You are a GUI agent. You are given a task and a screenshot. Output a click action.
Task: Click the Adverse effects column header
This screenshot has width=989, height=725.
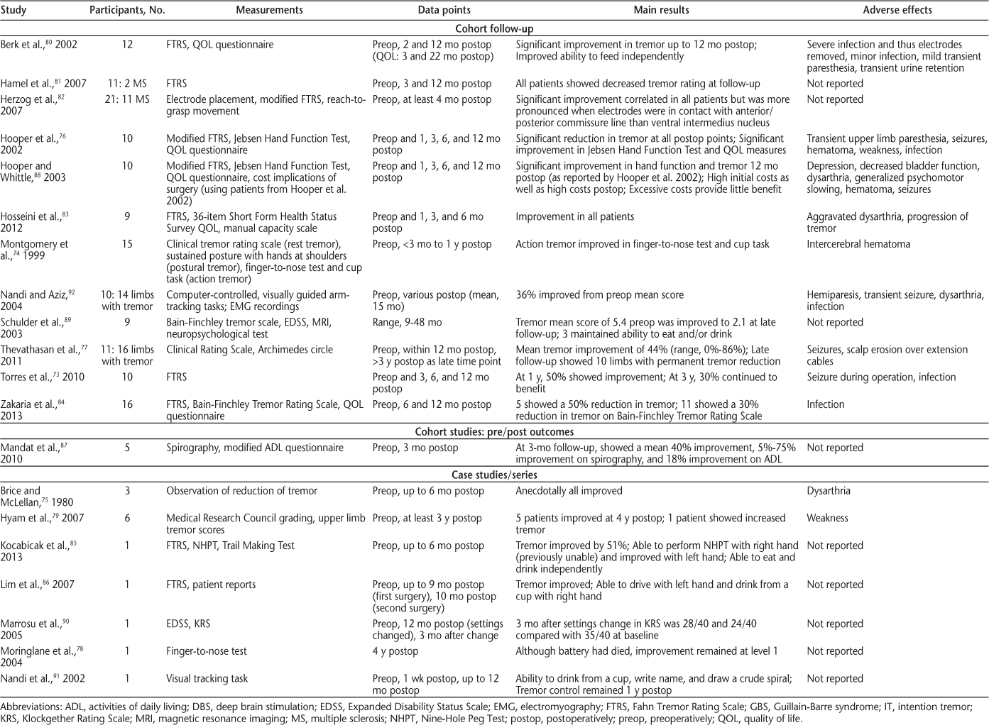click(897, 10)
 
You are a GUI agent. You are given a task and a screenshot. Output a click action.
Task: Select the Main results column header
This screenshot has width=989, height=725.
click(661, 10)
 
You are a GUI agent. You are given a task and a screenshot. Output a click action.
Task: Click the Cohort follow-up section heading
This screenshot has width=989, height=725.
click(494, 29)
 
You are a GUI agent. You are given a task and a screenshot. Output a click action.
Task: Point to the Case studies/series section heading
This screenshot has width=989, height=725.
click(494, 475)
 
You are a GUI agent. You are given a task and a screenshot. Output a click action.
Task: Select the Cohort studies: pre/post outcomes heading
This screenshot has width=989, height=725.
click(494, 431)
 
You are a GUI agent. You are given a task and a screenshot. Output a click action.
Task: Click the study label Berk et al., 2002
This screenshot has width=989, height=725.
click(39, 45)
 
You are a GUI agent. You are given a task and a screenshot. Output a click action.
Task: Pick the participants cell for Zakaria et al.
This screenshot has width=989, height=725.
click(127, 404)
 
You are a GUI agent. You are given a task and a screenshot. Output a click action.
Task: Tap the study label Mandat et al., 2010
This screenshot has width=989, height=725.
click(32, 453)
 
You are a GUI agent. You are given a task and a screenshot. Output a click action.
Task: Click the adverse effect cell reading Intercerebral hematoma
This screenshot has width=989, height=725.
click(858, 244)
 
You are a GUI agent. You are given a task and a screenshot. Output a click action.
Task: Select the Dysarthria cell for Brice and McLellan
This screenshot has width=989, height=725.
click(829, 491)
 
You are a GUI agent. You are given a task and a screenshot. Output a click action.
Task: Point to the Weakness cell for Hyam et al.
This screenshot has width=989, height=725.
click(827, 519)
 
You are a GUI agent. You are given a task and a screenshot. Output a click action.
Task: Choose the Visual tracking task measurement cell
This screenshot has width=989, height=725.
click(207, 679)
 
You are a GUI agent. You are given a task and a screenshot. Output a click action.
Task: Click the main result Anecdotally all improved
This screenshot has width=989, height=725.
click(569, 491)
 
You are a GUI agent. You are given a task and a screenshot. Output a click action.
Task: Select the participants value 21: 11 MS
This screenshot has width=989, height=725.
click(127, 100)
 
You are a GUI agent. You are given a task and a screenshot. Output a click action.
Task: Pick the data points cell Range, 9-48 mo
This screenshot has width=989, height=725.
click(407, 323)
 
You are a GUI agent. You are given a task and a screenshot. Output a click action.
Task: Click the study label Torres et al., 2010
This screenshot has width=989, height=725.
click(43, 377)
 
